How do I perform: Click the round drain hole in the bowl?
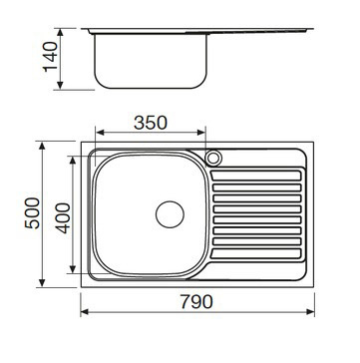click(171, 212)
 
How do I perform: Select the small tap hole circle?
click(213, 158)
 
